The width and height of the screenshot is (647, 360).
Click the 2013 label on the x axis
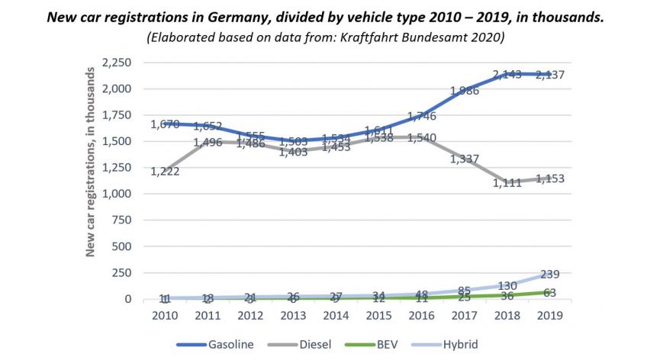pos(293,316)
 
